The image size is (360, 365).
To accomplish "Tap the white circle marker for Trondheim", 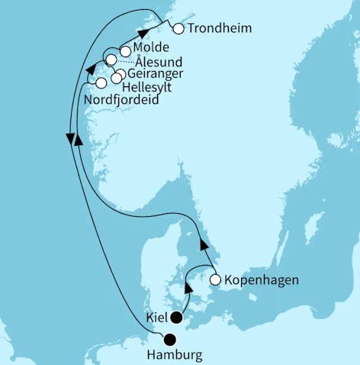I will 179,30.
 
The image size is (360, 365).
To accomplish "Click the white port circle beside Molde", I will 125,52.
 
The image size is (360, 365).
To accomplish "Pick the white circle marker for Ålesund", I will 111,60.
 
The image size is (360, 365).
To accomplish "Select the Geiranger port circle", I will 121,73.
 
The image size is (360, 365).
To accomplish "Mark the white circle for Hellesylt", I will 116,78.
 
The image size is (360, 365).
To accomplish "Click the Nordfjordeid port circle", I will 101,82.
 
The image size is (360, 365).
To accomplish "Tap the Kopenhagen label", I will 260,280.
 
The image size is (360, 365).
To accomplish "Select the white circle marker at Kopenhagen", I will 215,280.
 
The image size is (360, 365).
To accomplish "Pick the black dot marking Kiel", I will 177,318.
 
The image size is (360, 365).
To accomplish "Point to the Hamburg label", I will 175,356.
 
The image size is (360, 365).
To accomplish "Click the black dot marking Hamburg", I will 171,341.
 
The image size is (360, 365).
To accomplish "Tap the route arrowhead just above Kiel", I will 188,287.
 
